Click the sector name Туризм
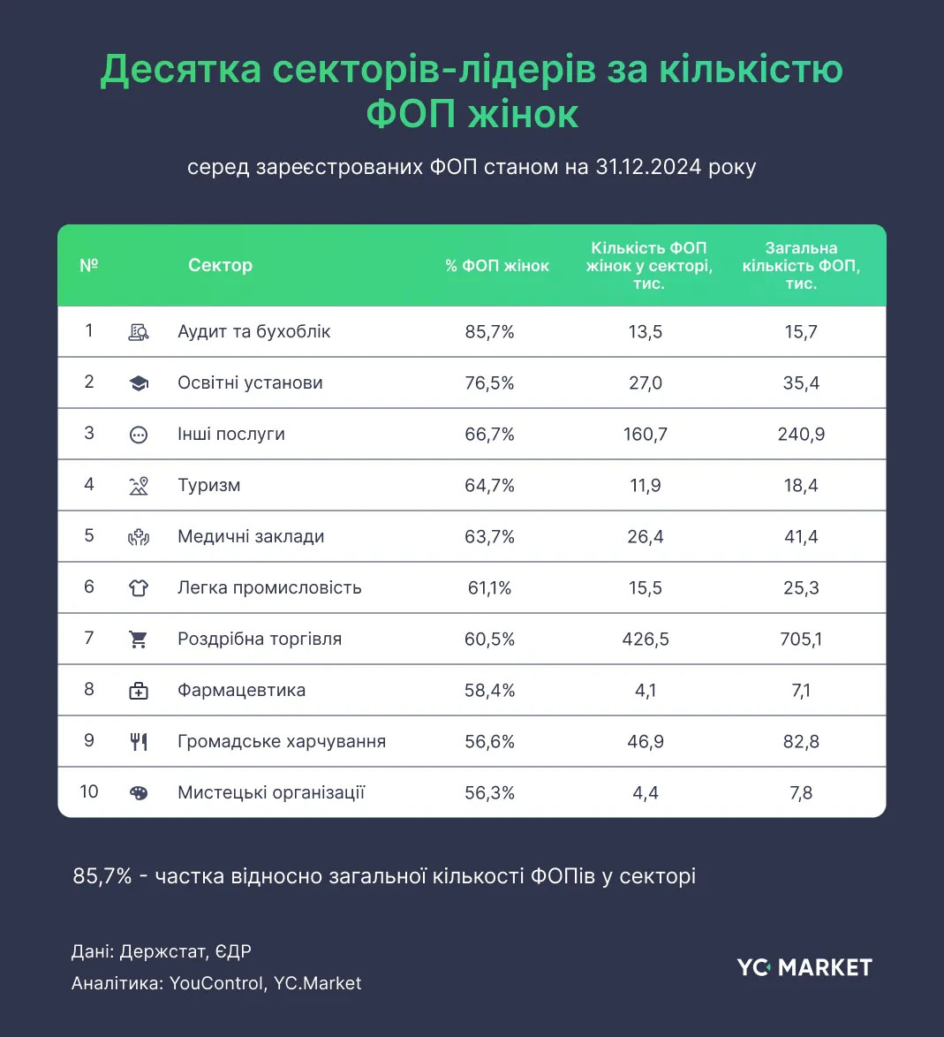pyautogui.click(x=208, y=485)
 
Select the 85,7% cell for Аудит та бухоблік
pyautogui.click(x=489, y=332)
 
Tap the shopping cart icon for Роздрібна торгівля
pyautogui.click(x=139, y=640)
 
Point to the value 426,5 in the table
pyautogui.click(x=645, y=639)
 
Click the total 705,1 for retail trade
pyautogui.click(x=800, y=639)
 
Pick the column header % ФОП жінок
pyautogui.click(x=496, y=266)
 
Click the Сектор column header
pyautogui.click(x=220, y=265)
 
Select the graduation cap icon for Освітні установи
pyautogui.click(x=139, y=383)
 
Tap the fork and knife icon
pyautogui.click(x=139, y=742)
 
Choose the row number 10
pyautogui.click(x=89, y=791)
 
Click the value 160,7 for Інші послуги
pyautogui.click(x=645, y=434)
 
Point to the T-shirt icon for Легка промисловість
pyautogui.click(x=139, y=588)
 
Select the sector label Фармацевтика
pyautogui.click(x=241, y=690)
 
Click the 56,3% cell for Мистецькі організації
pyautogui.click(x=489, y=792)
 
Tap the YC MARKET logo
pyautogui.click(x=804, y=967)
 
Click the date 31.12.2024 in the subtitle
pyautogui.click(x=649, y=167)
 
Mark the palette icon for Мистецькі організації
pyautogui.click(x=139, y=793)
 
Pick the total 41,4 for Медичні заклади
pyautogui.click(x=800, y=536)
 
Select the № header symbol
pyautogui.click(x=89, y=265)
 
